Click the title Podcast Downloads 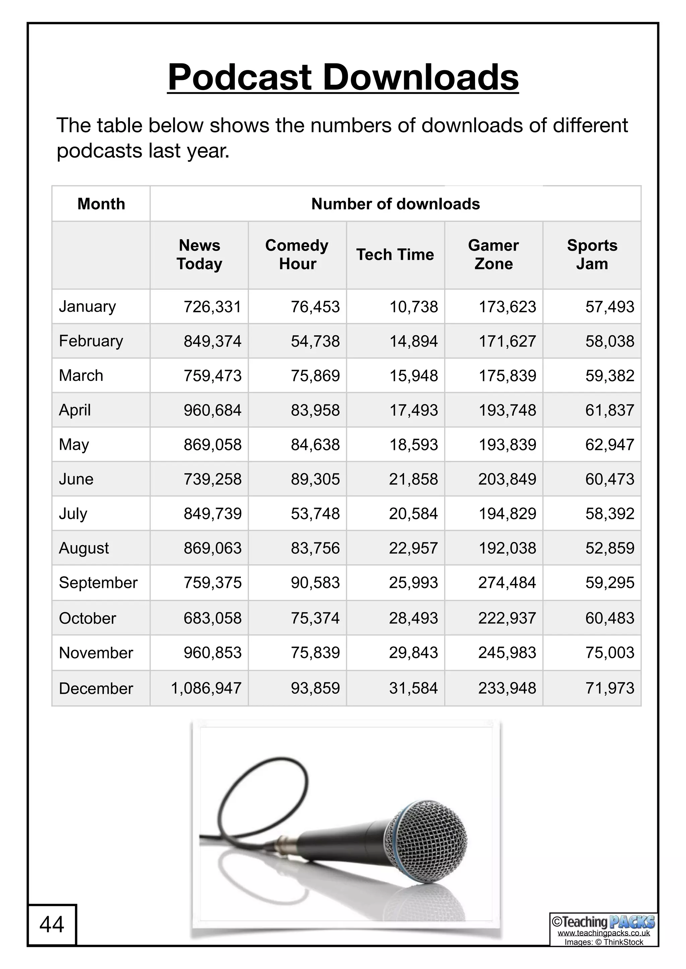[x=343, y=77]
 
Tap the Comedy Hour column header [x=297, y=255]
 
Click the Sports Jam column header [x=592, y=255]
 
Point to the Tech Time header [x=395, y=255]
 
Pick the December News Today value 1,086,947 [x=206, y=688]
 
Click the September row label [x=98, y=583]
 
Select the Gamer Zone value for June [x=507, y=479]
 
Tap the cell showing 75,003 [x=610, y=653]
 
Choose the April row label [x=75, y=410]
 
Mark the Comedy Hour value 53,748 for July [x=315, y=514]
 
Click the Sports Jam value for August [x=610, y=548]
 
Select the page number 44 [x=52, y=924]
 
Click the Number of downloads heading [x=395, y=204]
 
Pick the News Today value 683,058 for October [x=212, y=618]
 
